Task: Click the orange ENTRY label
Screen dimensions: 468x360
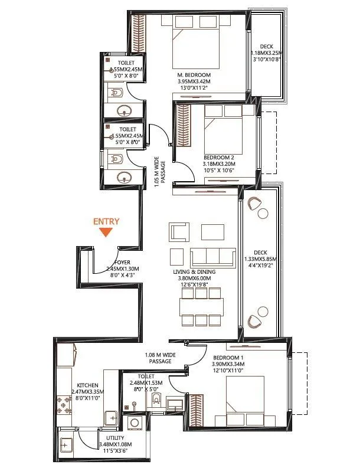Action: coord(106,222)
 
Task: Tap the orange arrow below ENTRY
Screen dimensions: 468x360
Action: coord(106,233)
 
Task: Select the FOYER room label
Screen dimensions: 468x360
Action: coord(122,263)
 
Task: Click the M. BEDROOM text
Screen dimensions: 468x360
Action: coord(195,75)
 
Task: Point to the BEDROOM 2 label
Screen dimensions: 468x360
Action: coord(220,158)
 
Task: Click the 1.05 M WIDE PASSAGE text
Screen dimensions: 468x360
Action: coord(159,172)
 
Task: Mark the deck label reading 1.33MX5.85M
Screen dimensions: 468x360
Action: coord(260,258)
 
